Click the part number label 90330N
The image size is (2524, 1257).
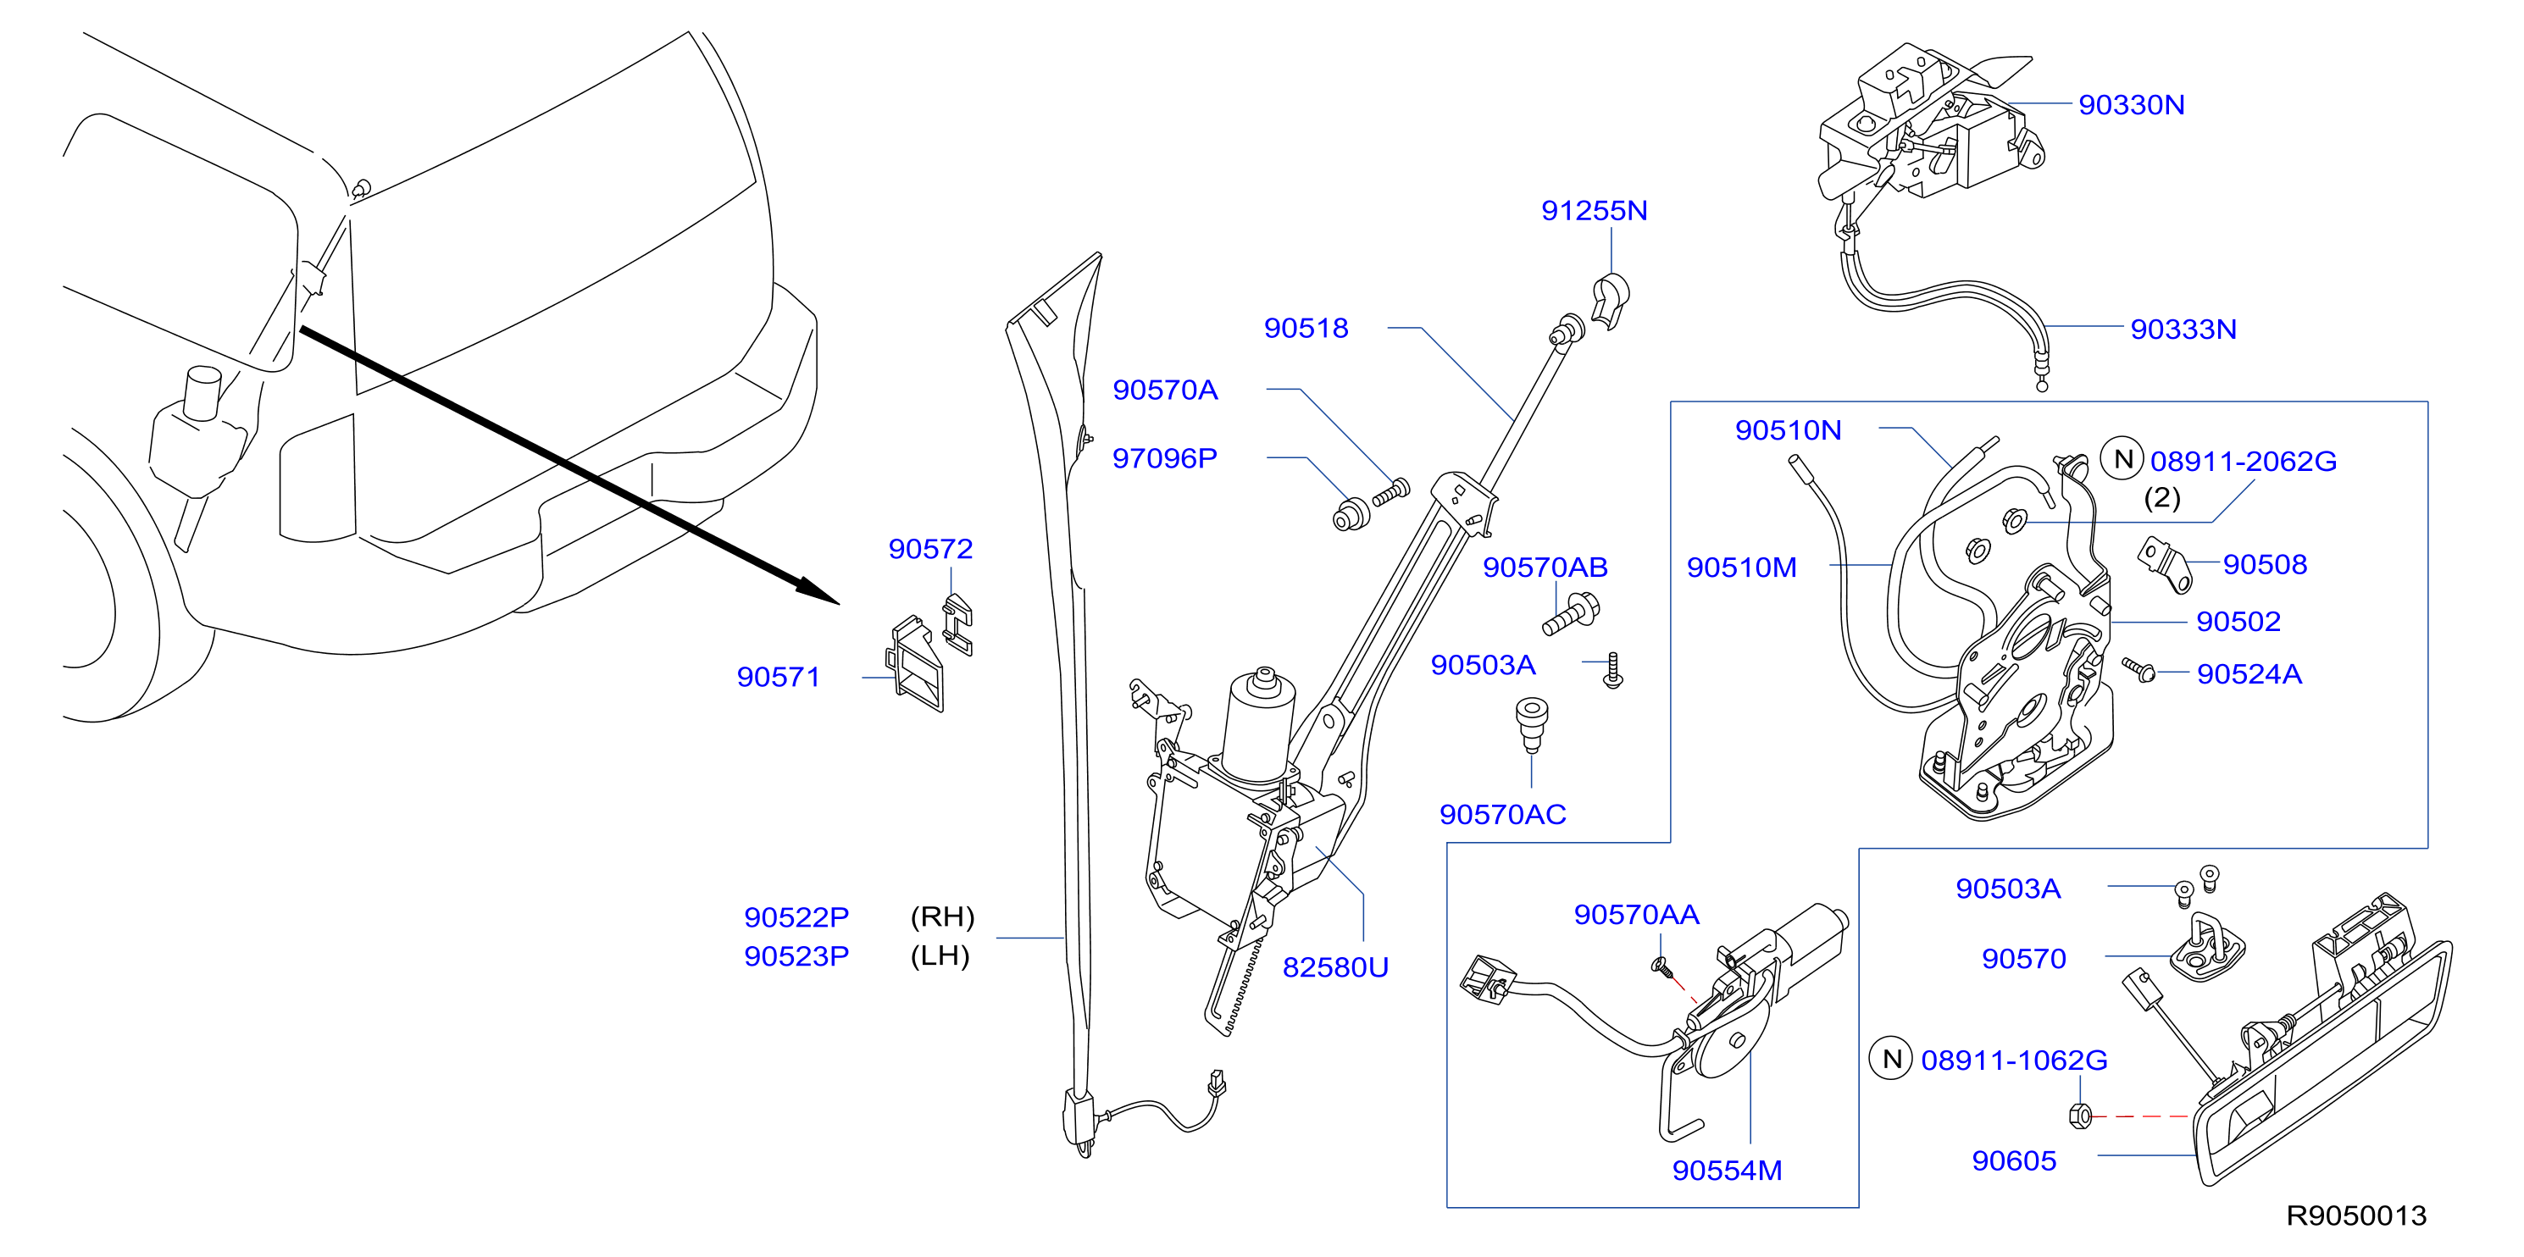[x=2131, y=105]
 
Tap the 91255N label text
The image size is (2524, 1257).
[x=1595, y=211]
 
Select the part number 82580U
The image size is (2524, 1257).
[x=1335, y=967]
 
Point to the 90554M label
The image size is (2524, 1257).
[x=1727, y=1170]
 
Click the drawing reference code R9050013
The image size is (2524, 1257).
[x=2356, y=1215]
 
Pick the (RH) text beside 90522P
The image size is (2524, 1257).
[x=942, y=917]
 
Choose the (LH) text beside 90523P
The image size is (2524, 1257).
[x=940, y=955]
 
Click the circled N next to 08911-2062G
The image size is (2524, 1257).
[x=2122, y=459]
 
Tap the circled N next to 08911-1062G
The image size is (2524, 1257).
[x=1892, y=1059]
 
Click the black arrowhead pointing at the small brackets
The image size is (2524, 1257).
[x=819, y=590]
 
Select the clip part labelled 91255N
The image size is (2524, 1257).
[x=1609, y=302]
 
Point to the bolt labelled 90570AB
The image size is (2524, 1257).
[x=1572, y=614]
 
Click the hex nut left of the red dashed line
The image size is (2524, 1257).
[x=2079, y=1115]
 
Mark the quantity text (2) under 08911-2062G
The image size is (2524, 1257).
[x=2162, y=498]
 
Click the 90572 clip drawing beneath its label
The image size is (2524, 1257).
[x=957, y=624]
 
